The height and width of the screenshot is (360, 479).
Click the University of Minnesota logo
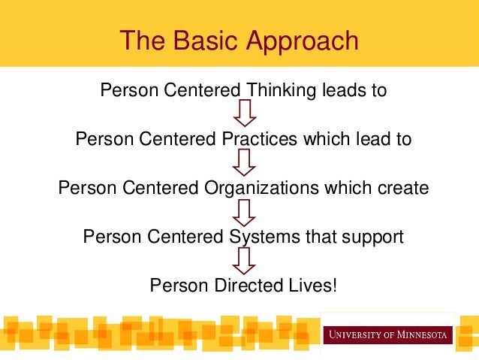pos(387,333)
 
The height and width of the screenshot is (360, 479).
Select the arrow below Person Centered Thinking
pos(245,114)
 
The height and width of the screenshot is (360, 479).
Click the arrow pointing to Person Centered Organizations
pos(245,162)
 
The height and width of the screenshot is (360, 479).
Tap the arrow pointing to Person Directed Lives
pos(245,261)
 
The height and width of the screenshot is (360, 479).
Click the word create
pos(402,188)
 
